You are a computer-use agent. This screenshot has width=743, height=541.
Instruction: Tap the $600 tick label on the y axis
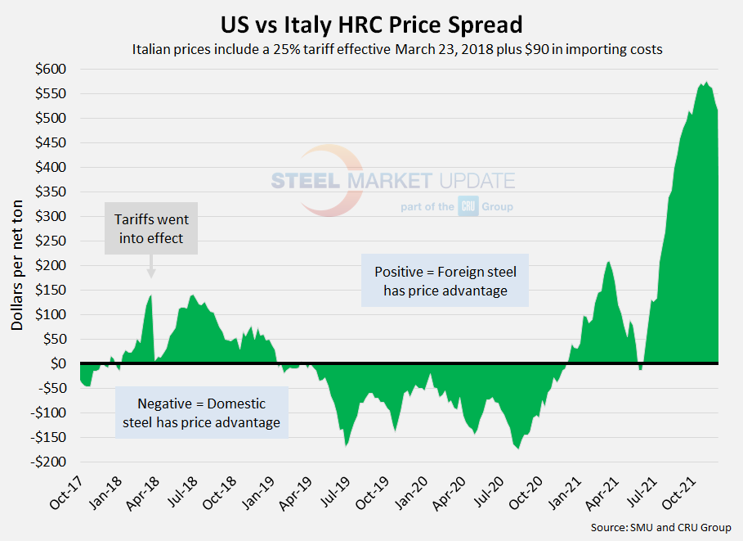[x=51, y=70]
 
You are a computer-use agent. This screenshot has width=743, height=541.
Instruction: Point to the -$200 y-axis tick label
[x=50, y=462]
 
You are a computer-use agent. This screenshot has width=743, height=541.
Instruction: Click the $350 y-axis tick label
[x=51, y=192]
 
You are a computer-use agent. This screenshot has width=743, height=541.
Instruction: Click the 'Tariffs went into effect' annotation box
[x=151, y=231]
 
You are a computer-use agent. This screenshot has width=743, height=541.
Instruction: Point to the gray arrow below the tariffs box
[x=151, y=268]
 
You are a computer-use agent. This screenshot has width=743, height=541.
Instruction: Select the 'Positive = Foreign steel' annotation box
[x=445, y=280]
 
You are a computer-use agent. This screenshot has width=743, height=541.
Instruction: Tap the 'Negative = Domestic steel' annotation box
[x=201, y=413]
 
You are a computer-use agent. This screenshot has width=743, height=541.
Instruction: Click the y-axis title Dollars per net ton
[x=17, y=264]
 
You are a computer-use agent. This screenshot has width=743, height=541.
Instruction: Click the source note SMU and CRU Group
[x=660, y=527]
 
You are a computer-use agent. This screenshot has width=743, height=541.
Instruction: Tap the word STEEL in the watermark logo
[x=306, y=181]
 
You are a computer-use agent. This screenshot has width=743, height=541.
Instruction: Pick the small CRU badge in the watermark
[x=468, y=207]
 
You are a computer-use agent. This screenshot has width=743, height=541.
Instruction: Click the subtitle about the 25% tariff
[x=396, y=49]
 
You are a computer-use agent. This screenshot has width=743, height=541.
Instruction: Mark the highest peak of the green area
[x=705, y=83]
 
